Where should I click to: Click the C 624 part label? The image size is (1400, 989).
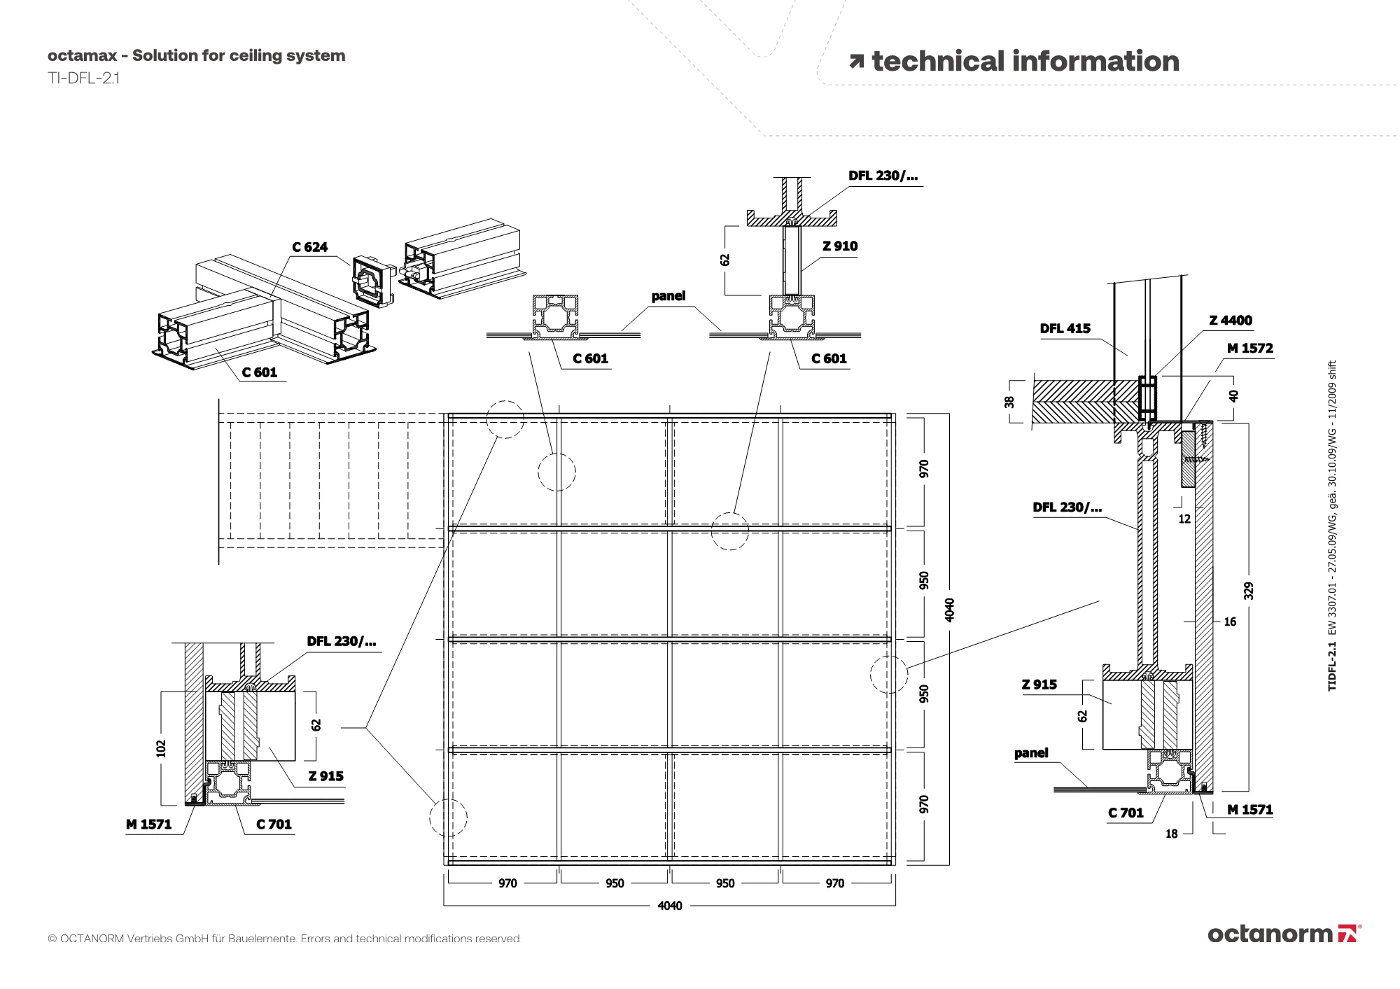click(309, 247)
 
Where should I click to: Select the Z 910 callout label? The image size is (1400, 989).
click(839, 246)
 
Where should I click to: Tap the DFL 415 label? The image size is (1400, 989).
click(1065, 329)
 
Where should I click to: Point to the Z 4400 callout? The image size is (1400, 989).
click(1231, 321)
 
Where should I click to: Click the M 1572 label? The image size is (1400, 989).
click(1249, 349)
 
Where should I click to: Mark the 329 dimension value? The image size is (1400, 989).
click(1248, 591)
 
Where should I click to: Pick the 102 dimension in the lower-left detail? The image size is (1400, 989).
click(162, 748)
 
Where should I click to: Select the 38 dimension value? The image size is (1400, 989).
click(1009, 402)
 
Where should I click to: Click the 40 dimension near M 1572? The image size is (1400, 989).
click(1233, 395)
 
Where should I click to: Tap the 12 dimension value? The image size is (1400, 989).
click(1184, 519)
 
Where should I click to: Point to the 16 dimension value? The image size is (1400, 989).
click(1230, 622)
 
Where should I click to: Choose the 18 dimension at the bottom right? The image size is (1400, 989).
click(1172, 834)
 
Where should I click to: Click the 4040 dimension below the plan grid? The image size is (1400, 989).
click(669, 906)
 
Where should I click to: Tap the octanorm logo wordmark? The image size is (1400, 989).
click(1270, 934)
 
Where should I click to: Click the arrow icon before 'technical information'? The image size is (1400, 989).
click(856, 62)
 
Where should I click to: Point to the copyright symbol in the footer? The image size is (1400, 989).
click(52, 939)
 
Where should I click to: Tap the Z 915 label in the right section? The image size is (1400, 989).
click(1039, 685)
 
